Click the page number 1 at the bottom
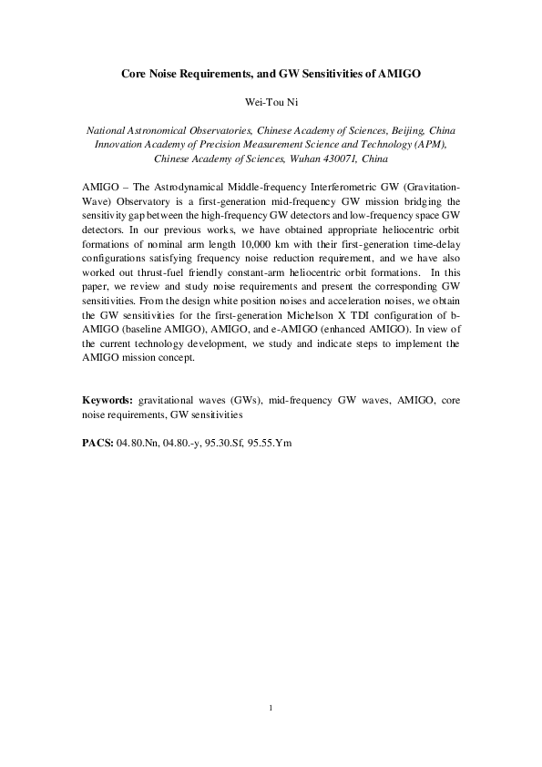coord(271,706)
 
